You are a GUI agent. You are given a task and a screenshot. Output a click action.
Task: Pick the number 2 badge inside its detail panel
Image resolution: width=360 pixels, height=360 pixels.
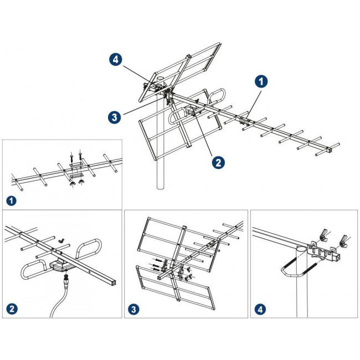12,307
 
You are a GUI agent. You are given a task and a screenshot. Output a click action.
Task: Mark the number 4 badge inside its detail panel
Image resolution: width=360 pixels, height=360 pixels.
261,307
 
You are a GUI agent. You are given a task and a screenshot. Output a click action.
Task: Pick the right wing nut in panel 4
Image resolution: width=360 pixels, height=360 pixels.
343,240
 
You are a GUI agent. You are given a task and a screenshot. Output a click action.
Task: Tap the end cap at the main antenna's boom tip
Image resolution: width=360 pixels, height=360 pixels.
331,150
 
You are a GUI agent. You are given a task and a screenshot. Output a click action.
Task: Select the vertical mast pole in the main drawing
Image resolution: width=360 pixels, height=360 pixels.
161,166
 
